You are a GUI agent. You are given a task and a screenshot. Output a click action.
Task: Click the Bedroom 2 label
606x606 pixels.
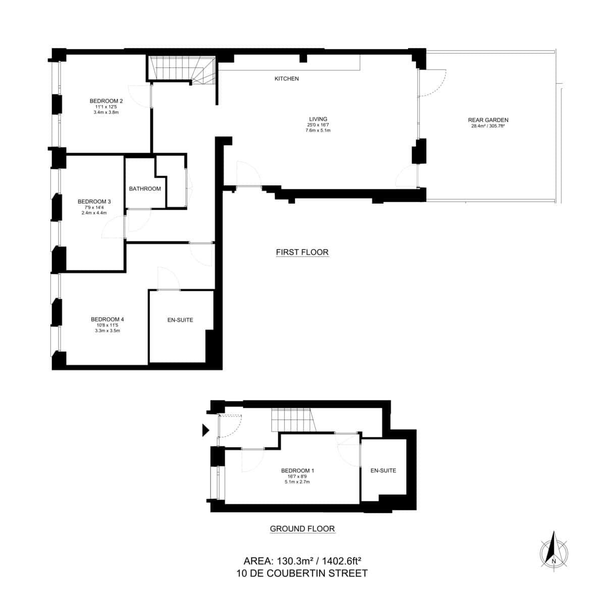tap(106, 100)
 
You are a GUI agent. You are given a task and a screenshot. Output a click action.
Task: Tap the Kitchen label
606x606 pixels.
tap(286, 79)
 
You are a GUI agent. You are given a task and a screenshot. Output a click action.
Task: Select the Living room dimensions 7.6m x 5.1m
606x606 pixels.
tap(318, 130)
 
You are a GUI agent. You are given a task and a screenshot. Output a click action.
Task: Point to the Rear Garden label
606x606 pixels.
tap(488, 120)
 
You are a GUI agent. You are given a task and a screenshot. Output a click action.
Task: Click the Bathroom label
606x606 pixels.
tap(145, 189)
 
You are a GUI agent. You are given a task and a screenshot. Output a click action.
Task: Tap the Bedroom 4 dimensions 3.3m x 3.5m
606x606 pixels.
tap(107, 331)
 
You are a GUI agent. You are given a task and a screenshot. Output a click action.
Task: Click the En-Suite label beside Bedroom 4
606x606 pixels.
tap(180, 320)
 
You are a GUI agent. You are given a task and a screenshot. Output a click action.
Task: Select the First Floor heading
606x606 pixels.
tap(302, 252)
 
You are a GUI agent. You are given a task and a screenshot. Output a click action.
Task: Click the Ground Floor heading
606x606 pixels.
tap(302, 529)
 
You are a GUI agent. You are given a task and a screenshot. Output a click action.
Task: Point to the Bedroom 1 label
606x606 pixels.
tap(297, 471)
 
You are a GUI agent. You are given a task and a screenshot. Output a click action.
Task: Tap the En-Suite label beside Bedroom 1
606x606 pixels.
tap(383, 471)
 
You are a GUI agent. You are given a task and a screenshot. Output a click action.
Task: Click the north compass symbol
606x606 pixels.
tap(554, 549)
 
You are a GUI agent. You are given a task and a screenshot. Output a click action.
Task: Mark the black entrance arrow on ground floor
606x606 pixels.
tap(205, 430)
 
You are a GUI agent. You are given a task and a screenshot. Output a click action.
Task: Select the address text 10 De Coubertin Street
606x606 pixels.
tap(302, 573)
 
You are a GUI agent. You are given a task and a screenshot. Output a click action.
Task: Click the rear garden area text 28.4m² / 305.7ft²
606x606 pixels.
tap(488, 126)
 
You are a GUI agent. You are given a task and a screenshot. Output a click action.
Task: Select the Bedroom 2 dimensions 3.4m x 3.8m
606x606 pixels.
tap(106, 112)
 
